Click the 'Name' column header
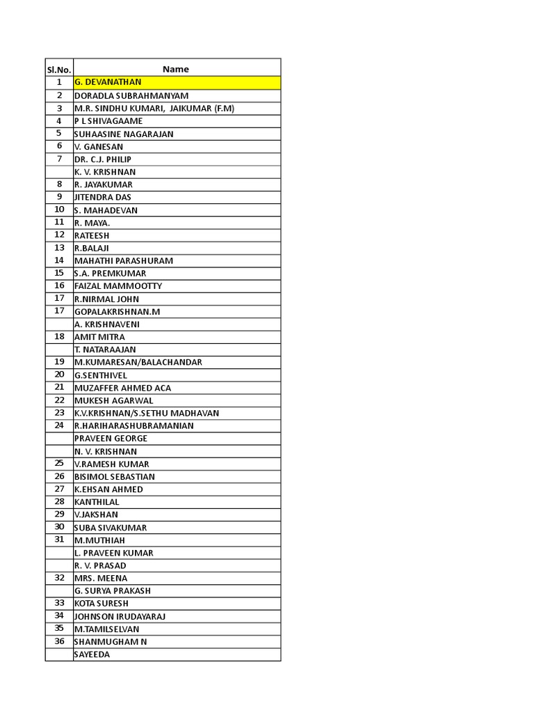click(x=176, y=69)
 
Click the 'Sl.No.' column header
click(x=59, y=69)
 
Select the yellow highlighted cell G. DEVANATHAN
click(x=108, y=82)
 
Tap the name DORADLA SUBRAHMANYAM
click(x=131, y=95)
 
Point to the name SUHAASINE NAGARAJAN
click(x=124, y=134)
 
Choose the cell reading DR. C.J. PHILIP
click(x=103, y=159)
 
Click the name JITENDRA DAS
click(x=102, y=197)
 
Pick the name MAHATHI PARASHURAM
click(x=124, y=260)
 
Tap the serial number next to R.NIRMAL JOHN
click(x=59, y=298)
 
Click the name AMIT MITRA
click(x=99, y=337)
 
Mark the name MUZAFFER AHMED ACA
click(x=122, y=388)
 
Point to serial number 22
click(x=59, y=400)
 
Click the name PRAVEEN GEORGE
click(x=111, y=439)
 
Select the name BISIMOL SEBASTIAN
click(x=115, y=477)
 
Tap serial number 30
click(x=59, y=527)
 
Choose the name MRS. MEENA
click(x=101, y=578)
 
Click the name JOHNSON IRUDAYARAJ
click(x=120, y=616)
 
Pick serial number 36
click(x=59, y=641)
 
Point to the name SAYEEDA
click(x=92, y=655)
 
